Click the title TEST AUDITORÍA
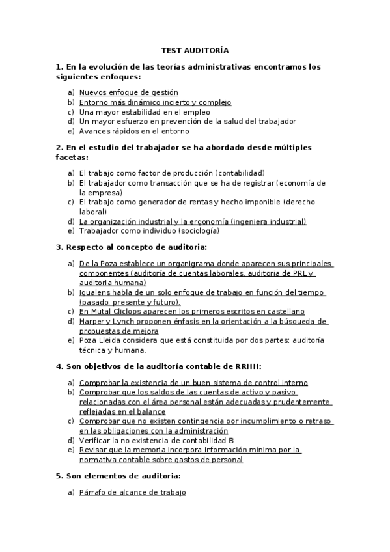coord(195,50)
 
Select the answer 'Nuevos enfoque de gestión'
coord(128,93)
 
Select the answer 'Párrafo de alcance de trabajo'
coord(132,493)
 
